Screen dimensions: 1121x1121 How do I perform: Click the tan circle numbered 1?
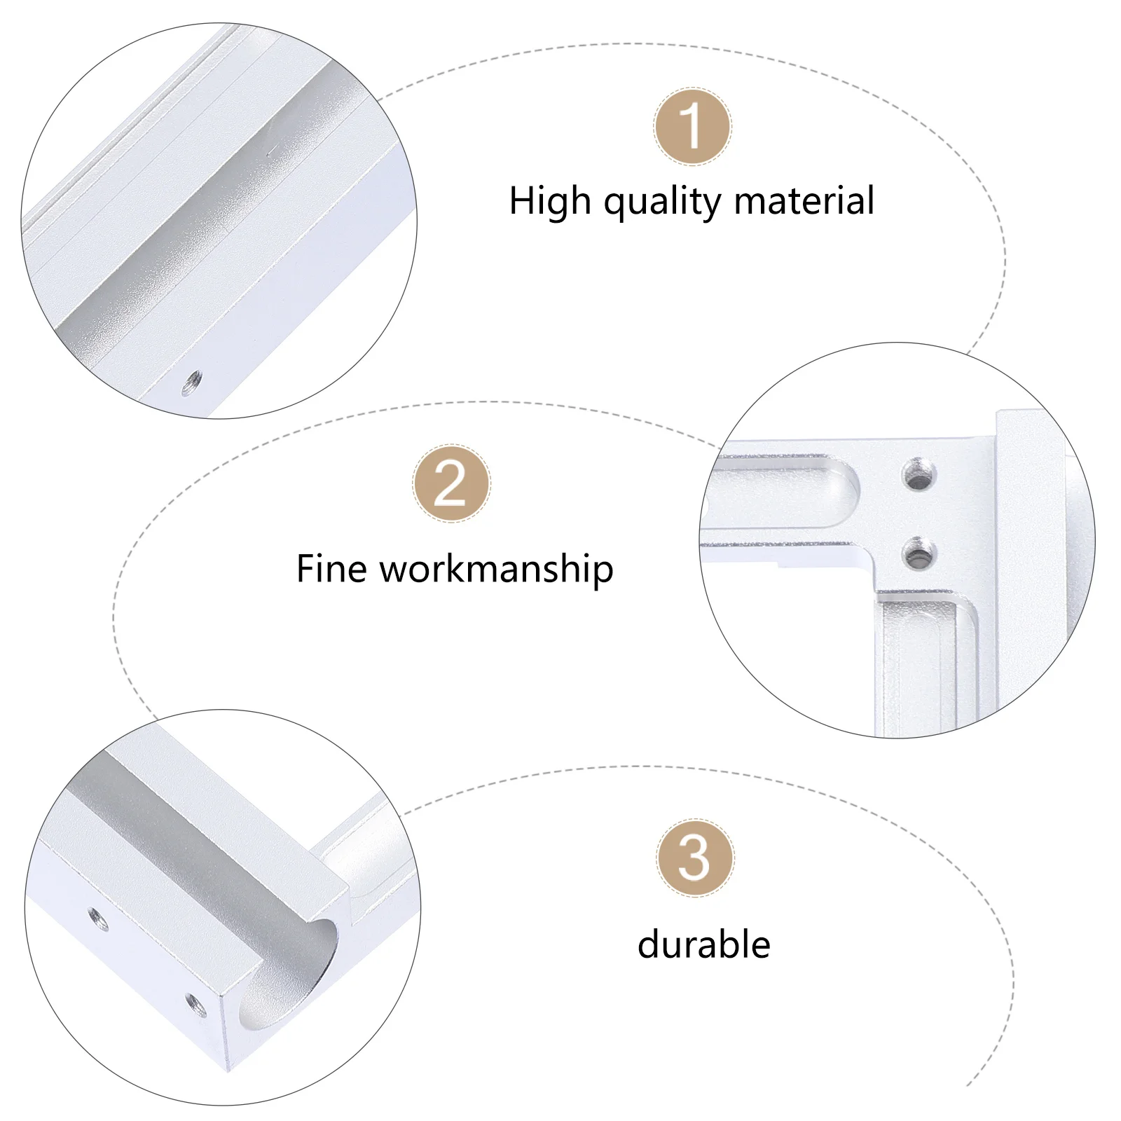(x=693, y=127)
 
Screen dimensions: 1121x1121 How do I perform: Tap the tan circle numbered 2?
(x=451, y=483)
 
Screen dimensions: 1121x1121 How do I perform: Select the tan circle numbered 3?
(x=694, y=858)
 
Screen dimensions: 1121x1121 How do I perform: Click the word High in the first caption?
(x=550, y=201)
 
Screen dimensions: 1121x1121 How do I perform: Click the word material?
(x=804, y=201)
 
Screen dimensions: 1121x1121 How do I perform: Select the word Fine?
(x=331, y=568)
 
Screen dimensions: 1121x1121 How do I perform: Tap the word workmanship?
(x=497, y=570)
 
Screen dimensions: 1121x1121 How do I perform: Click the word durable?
(x=704, y=944)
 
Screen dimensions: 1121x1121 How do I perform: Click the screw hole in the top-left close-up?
(x=192, y=382)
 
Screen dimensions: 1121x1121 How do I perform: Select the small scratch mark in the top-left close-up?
(x=270, y=149)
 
